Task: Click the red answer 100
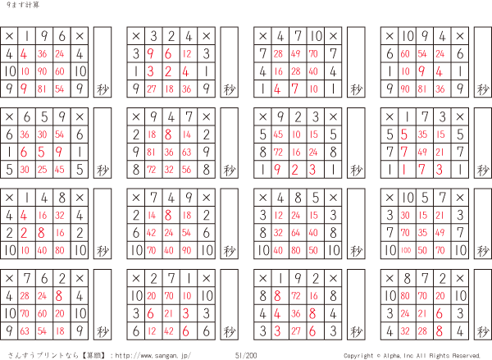click(406, 250)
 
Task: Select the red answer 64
click(295, 233)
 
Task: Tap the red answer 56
click(186, 170)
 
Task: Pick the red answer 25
click(42, 170)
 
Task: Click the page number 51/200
click(246, 355)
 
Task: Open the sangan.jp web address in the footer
click(153, 355)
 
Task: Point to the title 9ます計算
click(23, 5)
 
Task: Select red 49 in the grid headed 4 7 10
click(295, 53)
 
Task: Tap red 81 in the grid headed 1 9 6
click(42, 89)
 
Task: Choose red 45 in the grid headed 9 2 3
click(278, 134)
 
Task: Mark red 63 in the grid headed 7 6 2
click(25, 330)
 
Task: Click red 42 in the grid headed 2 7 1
click(169, 330)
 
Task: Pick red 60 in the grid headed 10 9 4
click(405, 53)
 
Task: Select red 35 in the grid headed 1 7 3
click(422, 134)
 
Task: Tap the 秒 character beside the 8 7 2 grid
click(483, 331)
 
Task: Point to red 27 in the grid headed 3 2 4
click(151, 89)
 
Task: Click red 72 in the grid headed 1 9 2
click(295, 296)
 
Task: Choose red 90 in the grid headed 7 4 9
click(186, 250)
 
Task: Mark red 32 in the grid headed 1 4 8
click(60, 215)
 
